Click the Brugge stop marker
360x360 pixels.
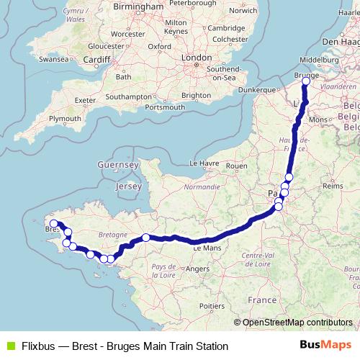305,81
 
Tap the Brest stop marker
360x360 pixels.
53,223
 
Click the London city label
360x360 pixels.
197,57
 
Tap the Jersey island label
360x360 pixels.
129,186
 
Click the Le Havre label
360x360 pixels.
203,163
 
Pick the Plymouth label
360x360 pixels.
66,117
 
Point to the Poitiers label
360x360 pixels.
212,305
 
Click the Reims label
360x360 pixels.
333,186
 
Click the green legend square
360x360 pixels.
9,346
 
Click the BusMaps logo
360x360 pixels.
326,346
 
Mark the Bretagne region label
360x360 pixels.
112,235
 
